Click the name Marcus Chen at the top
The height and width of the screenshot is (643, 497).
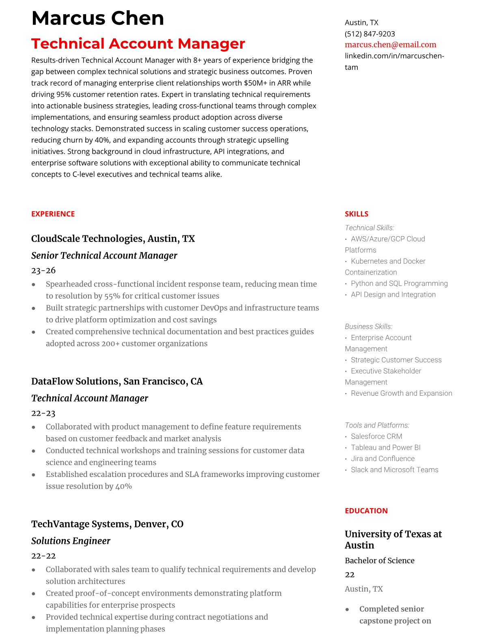(97, 18)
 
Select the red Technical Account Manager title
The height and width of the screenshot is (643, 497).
(138, 43)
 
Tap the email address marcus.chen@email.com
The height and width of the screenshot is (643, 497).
(390, 45)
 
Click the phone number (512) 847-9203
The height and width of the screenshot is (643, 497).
(370, 34)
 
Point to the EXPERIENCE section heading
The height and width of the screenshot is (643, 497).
(53, 214)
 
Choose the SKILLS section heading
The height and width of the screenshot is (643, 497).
(357, 214)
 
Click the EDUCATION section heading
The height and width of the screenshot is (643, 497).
(366, 511)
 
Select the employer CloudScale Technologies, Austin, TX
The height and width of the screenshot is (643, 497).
(113, 239)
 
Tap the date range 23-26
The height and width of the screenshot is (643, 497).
(43, 270)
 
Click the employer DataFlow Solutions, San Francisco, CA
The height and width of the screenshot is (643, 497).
(117, 382)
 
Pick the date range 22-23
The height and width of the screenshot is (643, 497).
(43, 413)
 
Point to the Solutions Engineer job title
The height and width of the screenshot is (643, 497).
(71, 541)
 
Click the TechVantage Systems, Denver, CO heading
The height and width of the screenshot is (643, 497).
(107, 524)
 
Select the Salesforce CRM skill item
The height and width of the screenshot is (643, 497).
(376, 436)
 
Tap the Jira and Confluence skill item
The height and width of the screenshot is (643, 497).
(382, 459)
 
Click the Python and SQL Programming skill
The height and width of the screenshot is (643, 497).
(399, 283)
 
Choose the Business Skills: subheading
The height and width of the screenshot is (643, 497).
(368, 326)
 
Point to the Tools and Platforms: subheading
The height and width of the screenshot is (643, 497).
(377, 425)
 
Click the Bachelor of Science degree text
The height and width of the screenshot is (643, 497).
(380, 561)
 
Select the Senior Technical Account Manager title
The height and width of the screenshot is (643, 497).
(104, 256)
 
